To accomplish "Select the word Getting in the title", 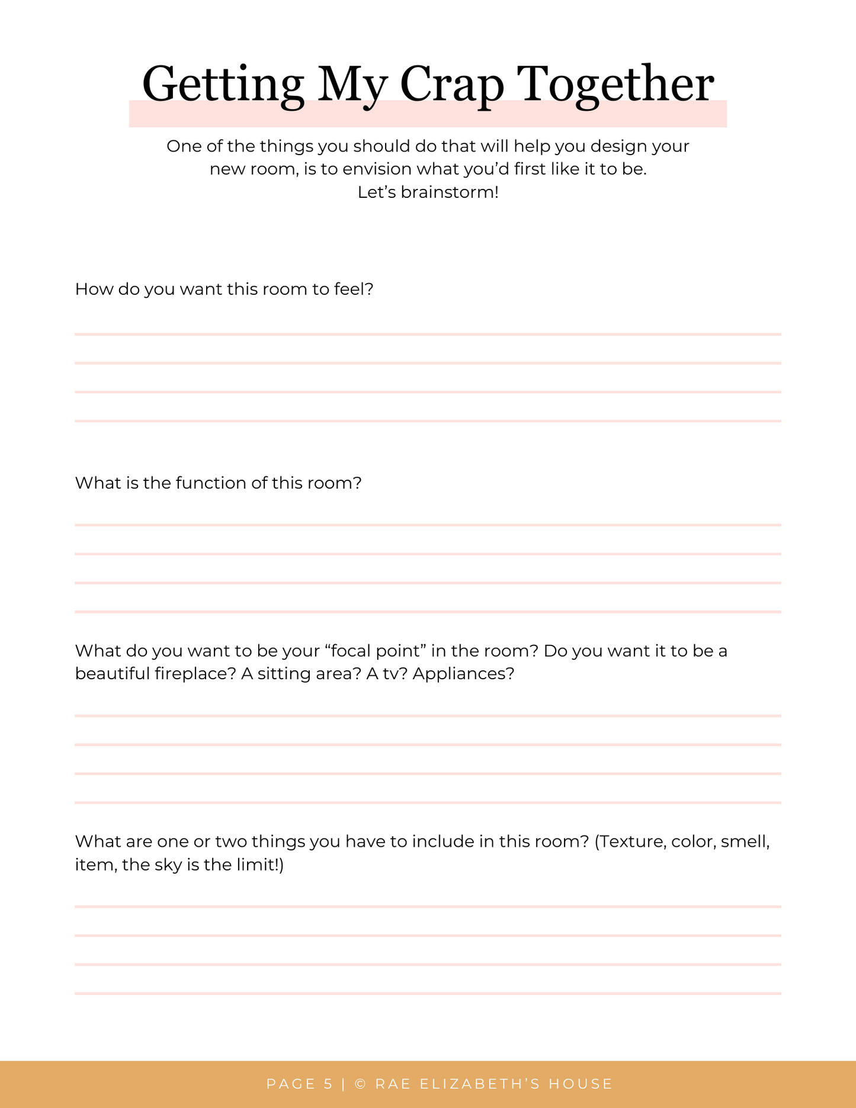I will point(223,85).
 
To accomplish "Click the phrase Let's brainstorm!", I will point(428,192).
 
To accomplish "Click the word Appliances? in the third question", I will point(463,674).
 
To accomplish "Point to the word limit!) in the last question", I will point(260,865).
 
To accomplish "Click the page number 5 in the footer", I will point(328,1084).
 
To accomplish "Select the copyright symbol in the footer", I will point(360,1084).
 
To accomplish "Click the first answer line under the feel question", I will point(428,335).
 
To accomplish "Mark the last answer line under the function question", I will point(428,612).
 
